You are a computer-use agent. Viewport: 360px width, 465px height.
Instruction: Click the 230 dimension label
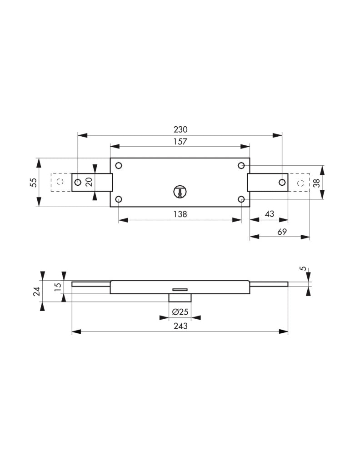pyautogui.click(x=180, y=129)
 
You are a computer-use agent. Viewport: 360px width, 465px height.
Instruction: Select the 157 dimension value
pyautogui.click(x=180, y=142)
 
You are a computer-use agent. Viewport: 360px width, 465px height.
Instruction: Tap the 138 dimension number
pyautogui.click(x=180, y=214)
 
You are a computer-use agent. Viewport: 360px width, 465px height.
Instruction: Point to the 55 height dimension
pyautogui.click(x=34, y=182)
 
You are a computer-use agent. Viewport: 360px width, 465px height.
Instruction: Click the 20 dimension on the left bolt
pyautogui.click(x=89, y=182)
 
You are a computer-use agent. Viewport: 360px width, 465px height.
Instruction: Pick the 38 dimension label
pyautogui.click(x=317, y=183)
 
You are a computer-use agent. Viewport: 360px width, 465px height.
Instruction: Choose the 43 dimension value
pyautogui.click(x=269, y=214)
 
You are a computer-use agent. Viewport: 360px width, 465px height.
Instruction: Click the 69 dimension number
pyautogui.click(x=282, y=232)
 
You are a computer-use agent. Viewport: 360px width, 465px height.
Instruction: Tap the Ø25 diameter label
pyautogui.click(x=180, y=312)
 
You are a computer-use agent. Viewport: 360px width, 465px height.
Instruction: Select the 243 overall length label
pyautogui.click(x=180, y=326)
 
